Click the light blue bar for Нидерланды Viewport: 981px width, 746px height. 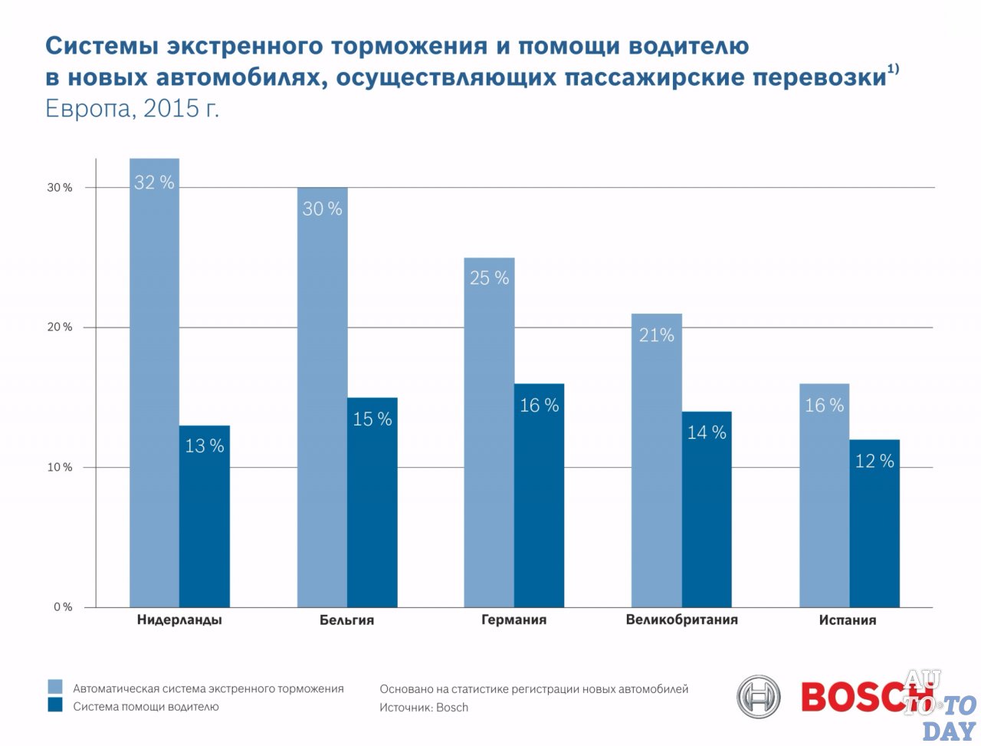[x=154, y=383]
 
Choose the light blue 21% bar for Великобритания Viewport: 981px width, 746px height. [x=657, y=460]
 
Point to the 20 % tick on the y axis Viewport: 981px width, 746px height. [x=60, y=327]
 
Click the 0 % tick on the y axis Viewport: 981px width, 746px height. [x=63, y=607]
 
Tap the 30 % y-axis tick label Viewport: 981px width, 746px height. [x=60, y=188]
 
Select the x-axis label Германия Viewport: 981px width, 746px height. [x=513, y=620]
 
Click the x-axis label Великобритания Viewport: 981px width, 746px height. [x=681, y=619]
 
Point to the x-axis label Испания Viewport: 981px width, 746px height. [x=847, y=620]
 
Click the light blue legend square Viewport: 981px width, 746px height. [x=54, y=687]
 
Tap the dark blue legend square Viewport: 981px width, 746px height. [x=54, y=705]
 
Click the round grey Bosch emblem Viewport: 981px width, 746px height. [x=758, y=697]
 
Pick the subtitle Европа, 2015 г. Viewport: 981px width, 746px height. [x=132, y=108]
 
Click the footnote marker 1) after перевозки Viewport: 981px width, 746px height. [x=893, y=70]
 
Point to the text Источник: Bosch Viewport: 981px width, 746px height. [x=424, y=708]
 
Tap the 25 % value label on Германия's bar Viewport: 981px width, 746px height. [x=489, y=278]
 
